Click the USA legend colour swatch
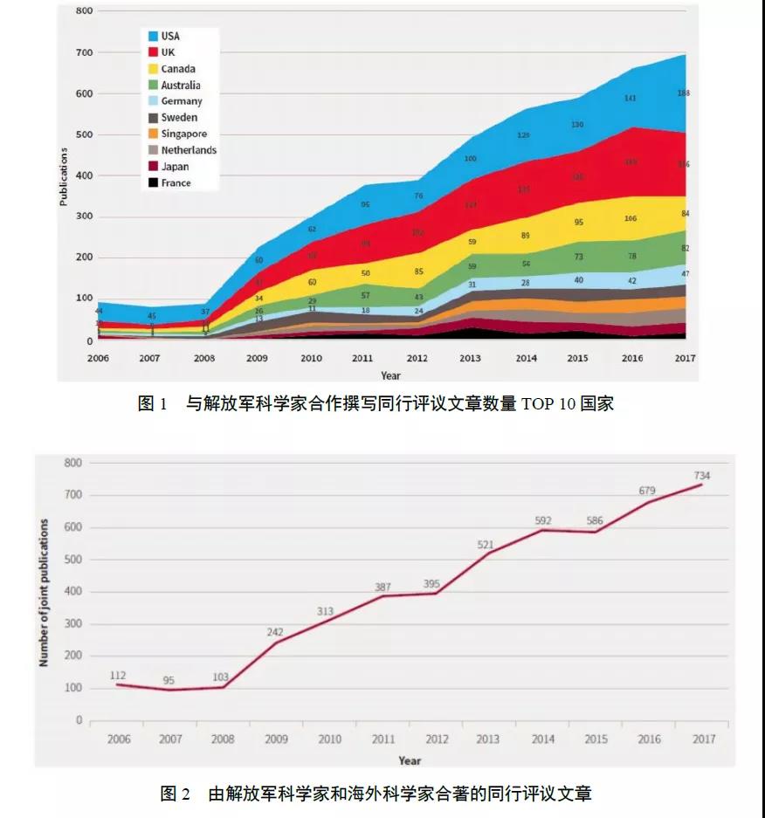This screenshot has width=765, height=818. click(x=153, y=37)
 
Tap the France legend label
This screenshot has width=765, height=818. click(x=176, y=183)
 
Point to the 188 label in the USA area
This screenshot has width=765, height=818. click(x=684, y=93)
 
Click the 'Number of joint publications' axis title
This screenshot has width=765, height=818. click(x=44, y=593)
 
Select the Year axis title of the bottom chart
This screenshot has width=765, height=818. click(x=410, y=760)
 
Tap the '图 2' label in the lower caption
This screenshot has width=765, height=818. click(x=176, y=794)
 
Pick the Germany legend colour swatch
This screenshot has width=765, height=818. click(x=153, y=101)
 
